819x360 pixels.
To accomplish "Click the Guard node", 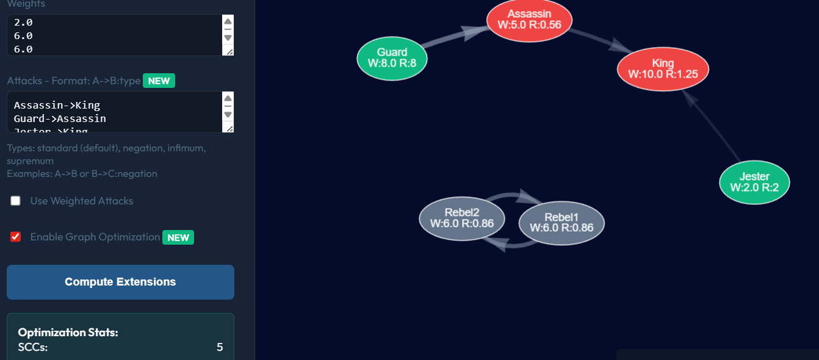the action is pos(392,59).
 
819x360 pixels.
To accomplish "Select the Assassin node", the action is pos(529,20).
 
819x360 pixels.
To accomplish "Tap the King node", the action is pos(663,68).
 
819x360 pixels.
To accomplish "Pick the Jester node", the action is pos(754,182).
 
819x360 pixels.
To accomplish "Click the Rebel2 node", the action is pos(461,218).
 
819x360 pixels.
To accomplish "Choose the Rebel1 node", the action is pos(561,223).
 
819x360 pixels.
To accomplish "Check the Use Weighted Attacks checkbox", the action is pos(16,201).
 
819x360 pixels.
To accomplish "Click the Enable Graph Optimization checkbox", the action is pos(16,237).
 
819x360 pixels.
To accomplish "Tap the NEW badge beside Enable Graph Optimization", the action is pos(178,237).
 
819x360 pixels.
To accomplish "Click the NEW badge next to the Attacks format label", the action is pos(159,81).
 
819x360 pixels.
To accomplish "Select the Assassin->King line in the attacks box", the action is pos(57,106).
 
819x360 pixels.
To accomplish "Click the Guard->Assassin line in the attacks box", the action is pos(60,119).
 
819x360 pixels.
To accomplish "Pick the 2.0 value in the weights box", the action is pos(23,23).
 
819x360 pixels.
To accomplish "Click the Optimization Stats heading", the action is pos(68,333).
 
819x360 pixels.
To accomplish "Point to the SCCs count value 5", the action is pos(220,347).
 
